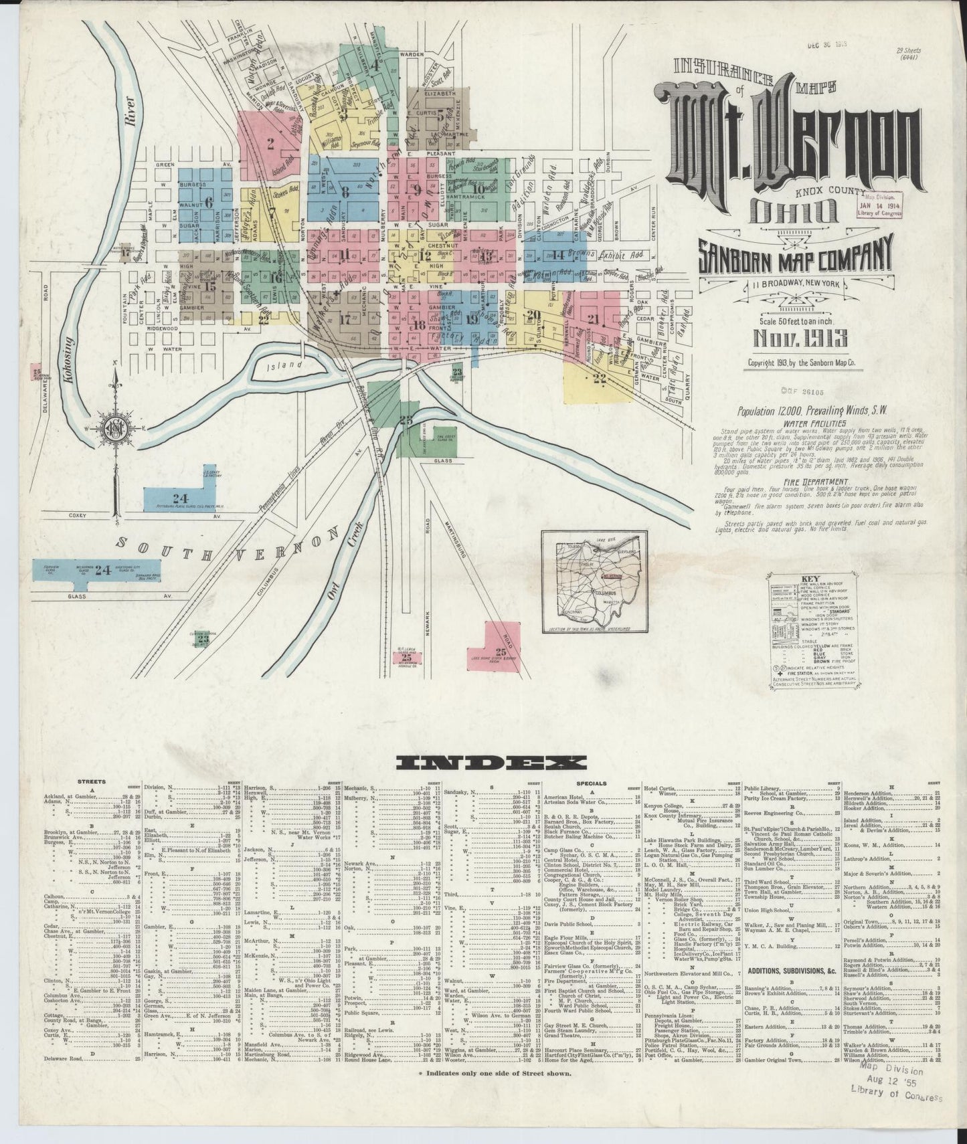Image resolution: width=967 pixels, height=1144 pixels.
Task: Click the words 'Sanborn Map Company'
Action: coord(794,258)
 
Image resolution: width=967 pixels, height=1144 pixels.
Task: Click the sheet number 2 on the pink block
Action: coord(270,142)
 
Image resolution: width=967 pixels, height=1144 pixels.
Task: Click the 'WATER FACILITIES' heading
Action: coord(800,423)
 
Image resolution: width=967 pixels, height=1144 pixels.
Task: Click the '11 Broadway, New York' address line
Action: coord(795,286)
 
